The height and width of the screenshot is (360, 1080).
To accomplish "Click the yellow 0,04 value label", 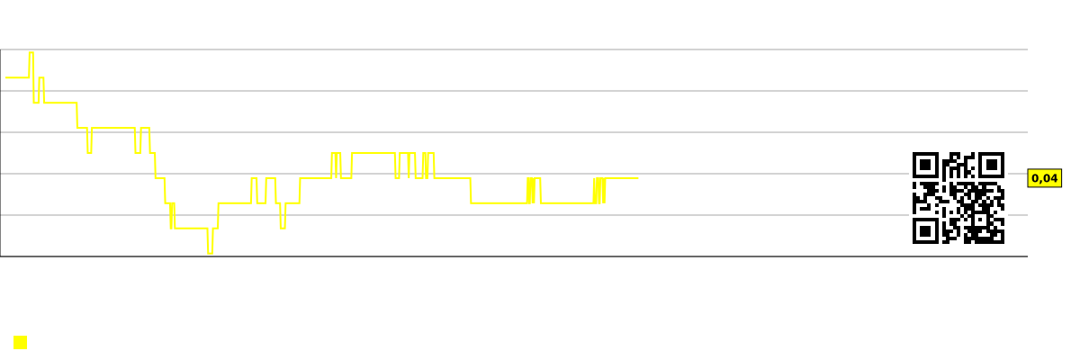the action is point(1044,178).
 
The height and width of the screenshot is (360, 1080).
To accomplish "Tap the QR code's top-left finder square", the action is point(925,166).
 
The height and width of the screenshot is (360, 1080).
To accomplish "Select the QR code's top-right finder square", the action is point(992,166).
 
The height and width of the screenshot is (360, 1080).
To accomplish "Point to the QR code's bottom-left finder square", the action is point(925,231).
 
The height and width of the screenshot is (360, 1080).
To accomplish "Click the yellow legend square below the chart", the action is point(20,343).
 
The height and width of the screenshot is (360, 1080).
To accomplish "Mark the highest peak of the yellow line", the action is point(31,52).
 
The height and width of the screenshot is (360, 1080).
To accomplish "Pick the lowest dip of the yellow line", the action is point(211,253).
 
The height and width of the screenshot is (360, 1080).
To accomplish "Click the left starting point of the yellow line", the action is point(5,77).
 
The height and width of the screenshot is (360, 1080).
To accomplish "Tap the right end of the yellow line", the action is point(638,178).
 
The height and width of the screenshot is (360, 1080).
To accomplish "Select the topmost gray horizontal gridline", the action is point(514,49).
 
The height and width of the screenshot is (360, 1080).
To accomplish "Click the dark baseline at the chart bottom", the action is point(514,256).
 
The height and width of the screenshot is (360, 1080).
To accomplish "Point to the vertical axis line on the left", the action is point(1,153).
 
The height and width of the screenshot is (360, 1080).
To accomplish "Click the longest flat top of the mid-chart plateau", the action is point(373,153).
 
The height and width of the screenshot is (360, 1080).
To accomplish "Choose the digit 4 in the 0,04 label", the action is point(1054,178).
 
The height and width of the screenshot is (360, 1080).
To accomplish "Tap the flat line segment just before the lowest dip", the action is point(191,228).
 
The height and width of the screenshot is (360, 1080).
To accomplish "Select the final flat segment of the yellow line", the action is point(622,178).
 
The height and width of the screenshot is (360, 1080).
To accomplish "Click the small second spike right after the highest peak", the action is point(41,77).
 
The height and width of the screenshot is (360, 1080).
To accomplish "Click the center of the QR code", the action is point(958,198).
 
